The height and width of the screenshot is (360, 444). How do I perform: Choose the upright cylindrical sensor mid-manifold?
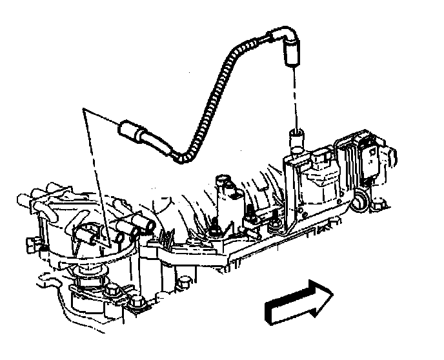(227, 197)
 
